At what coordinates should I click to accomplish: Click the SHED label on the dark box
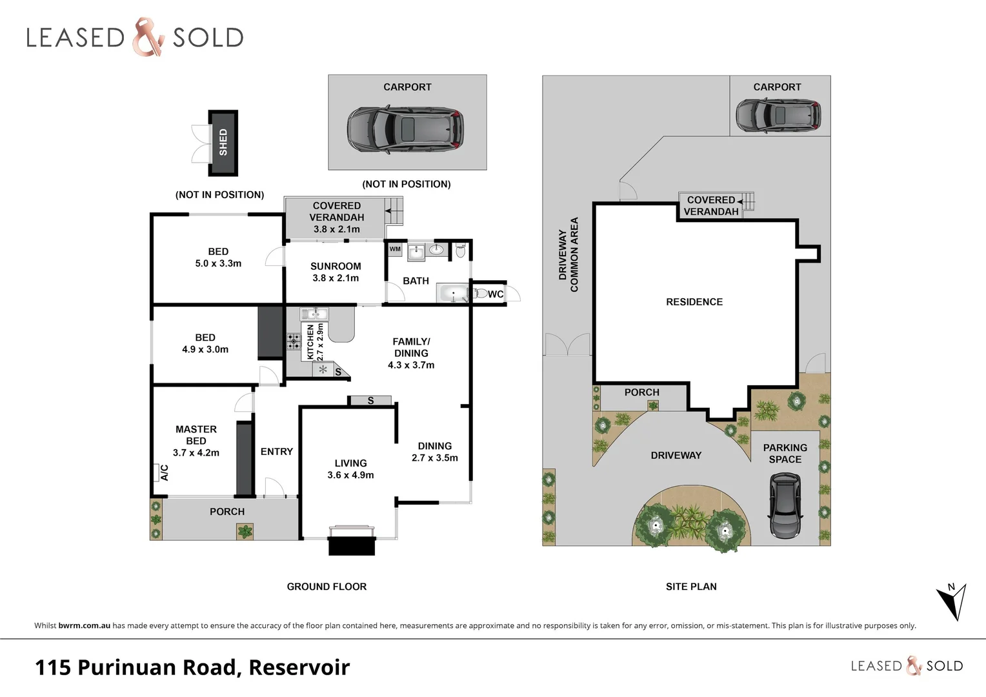[x=223, y=143]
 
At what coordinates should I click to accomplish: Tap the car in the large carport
[x=405, y=129]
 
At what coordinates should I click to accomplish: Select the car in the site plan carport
[x=778, y=116]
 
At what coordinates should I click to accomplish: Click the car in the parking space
[x=785, y=506]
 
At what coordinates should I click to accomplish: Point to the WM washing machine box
[x=395, y=249]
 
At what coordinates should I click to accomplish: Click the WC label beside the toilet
[x=495, y=294]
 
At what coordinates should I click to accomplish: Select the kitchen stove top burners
[x=294, y=341]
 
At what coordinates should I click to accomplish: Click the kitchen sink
[x=314, y=314]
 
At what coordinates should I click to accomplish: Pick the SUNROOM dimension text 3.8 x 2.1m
[x=336, y=278]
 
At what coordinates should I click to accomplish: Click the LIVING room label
[x=350, y=463]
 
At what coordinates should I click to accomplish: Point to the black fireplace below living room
[x=352, y=545]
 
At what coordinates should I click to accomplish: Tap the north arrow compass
[x=952, y=601]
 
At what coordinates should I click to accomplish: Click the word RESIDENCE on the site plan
[x=694, y=302]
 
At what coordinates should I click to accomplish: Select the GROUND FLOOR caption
[x=327, y=587]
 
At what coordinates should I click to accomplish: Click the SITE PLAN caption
[x=691, y=587]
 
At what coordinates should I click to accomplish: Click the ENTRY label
[x=277, y=452]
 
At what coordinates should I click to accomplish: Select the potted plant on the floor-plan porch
[x=245, y=531]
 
